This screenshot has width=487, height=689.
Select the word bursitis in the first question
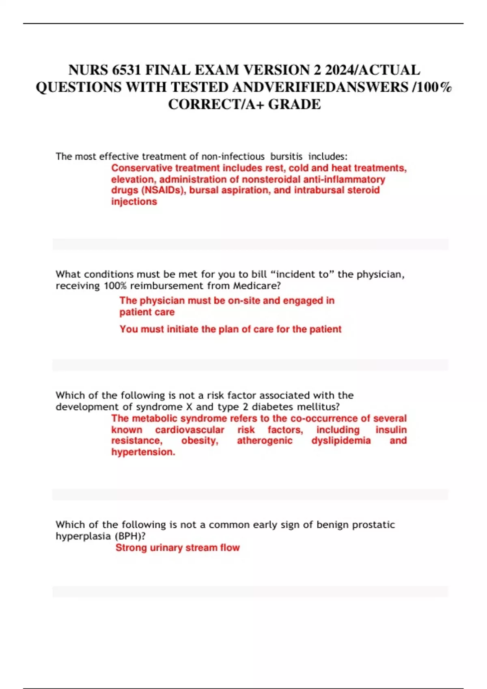[287, 156]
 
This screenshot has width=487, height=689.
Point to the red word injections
[134, 202]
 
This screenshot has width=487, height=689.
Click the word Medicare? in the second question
[257, 286]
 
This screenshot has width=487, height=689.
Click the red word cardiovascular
[190, 430]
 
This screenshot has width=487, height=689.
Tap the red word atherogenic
[265, 441]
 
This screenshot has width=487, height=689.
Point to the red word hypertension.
[143, 452]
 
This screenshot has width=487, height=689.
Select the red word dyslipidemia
[341, 441]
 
